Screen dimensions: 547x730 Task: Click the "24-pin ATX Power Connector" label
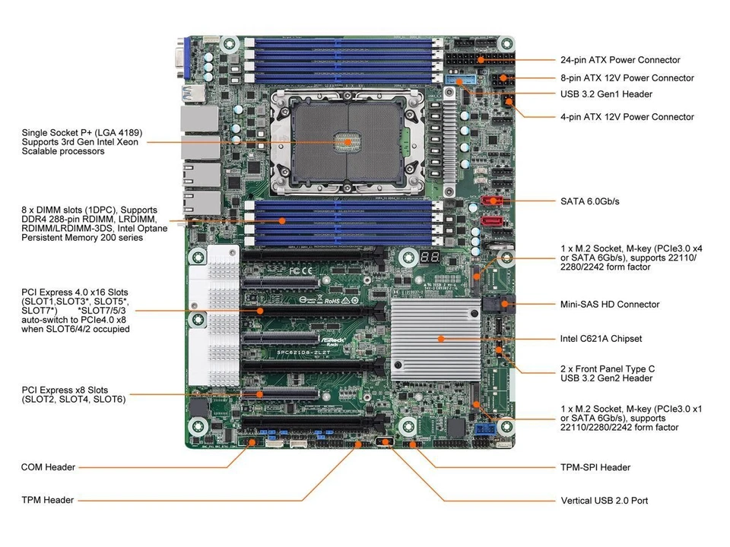point(620,59)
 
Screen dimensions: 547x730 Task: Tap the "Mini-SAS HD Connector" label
point(610,304)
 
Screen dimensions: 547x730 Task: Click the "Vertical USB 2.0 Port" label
point(604,501)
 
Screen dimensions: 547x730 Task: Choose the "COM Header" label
point(48,467)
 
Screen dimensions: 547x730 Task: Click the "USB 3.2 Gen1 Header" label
point(606,94)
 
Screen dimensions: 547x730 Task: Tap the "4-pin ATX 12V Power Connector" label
point(627,116)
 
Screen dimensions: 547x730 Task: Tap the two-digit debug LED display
point(428,258)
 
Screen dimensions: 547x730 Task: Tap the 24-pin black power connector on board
point(466,58)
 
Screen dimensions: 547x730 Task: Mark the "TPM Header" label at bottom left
point(48,500)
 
